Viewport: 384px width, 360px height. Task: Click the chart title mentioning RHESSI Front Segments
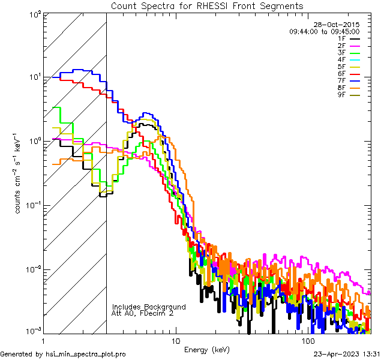[207, 5]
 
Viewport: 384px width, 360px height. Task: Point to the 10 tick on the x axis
[175, 340]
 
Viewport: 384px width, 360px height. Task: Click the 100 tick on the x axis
[308, 340]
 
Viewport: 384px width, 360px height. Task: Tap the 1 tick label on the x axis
[43, 340]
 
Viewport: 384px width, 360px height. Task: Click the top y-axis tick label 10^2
[34, 13]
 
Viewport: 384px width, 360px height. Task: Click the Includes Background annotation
[149, 307]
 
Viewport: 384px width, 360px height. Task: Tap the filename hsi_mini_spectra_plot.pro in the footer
[86, 355]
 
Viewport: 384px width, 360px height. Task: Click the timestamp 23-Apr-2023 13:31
[347, 355]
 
